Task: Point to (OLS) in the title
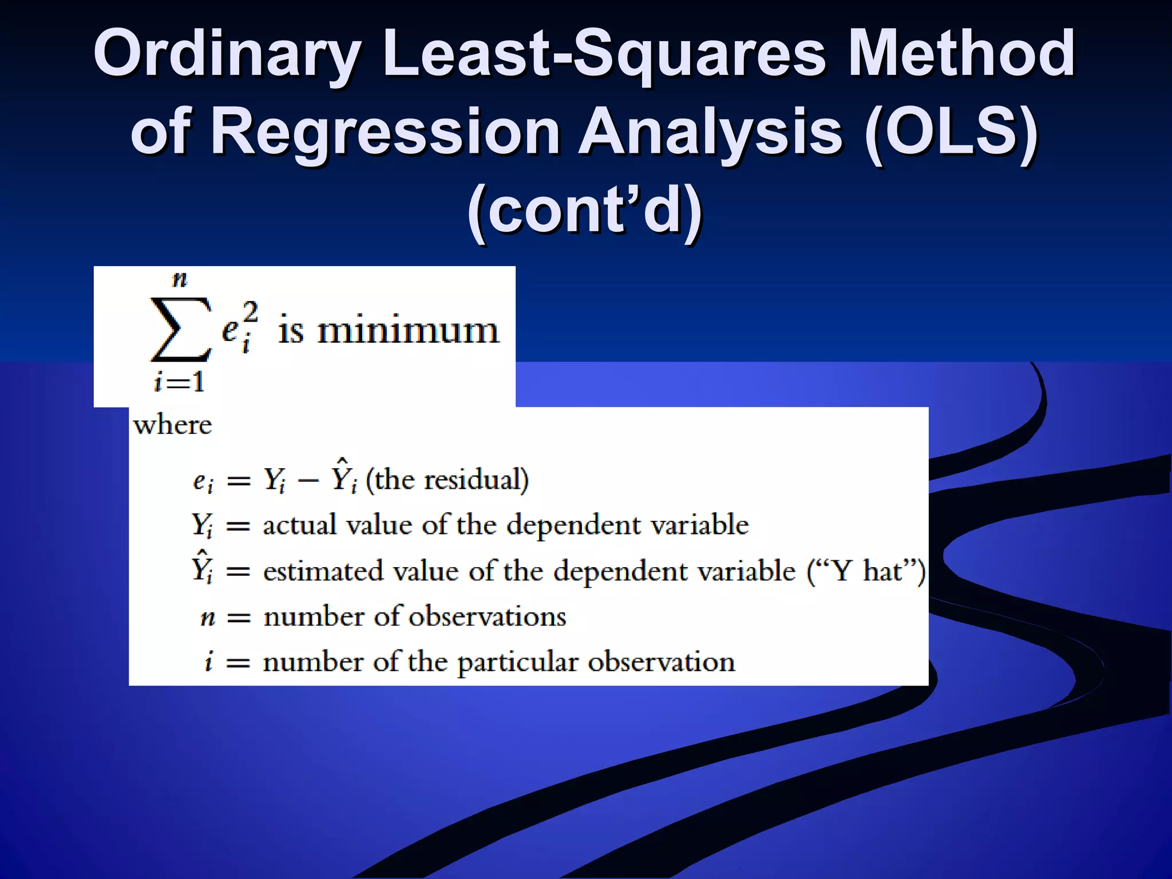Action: coord(951,133)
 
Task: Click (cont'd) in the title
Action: coord(585,211)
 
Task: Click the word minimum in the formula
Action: coord(408,331)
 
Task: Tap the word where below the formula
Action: coord(172,425)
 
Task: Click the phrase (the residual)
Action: coord(447,480)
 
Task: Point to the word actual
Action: coord(299,525)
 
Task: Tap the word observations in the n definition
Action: coord(487,616)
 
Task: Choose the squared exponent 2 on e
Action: coord(250,313)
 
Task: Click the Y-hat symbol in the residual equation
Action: coord(343,476)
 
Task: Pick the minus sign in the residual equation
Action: coord(308,481)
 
